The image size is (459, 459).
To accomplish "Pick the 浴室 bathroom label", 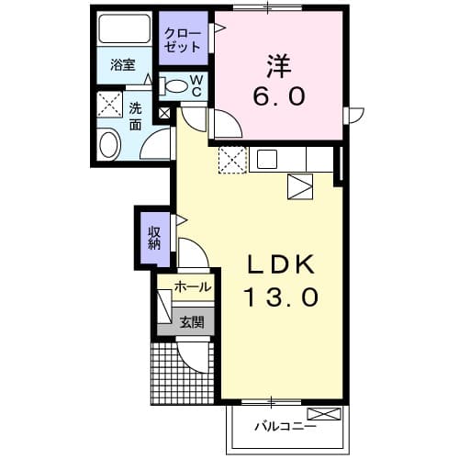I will coord(123,65).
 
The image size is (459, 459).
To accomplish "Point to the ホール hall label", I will coord(192,287).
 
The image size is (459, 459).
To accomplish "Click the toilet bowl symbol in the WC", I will coord(174,85).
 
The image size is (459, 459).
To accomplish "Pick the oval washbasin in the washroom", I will coord(109,145).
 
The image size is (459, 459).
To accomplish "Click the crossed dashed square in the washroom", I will coord(110,104).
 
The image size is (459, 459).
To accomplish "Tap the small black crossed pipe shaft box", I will coord(164,114).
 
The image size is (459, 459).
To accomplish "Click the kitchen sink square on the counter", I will coord(266,159).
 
